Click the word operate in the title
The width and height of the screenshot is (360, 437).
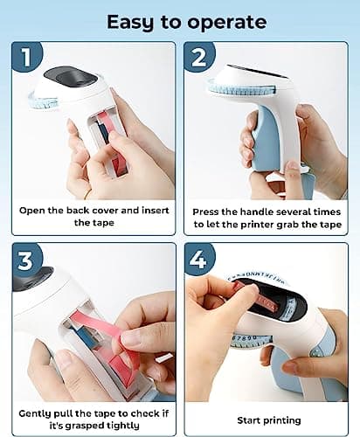tap(227, 23)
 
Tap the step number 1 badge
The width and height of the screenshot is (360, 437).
tap(27, 57)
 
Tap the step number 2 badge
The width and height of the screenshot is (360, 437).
tap(199, 58)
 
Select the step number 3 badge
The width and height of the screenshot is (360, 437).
tap(26, 260)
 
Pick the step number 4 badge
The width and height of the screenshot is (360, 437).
tap(199, 259)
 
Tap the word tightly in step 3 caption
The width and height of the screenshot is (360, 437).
tap(122, 427)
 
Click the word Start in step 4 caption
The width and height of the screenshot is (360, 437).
tap(247, 420)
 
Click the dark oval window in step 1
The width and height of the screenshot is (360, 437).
tap(70, 76)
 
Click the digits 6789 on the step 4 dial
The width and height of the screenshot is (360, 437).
tap(246, 338)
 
